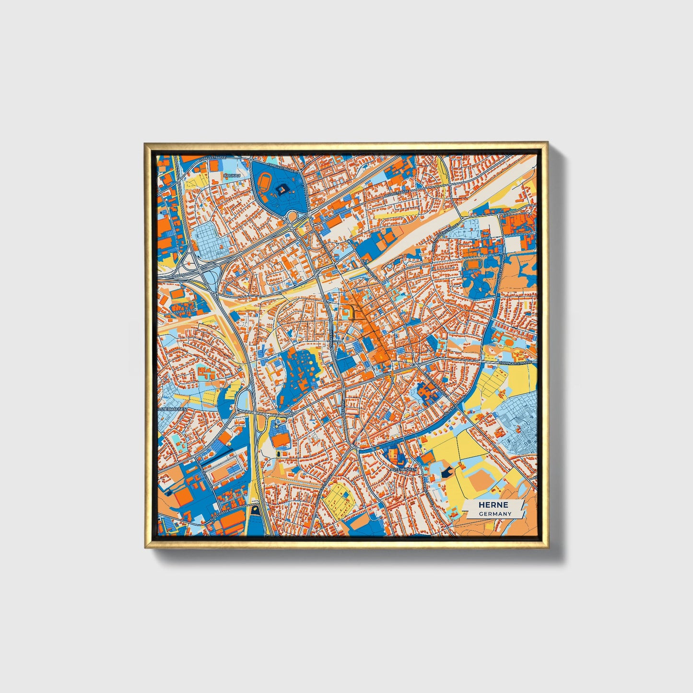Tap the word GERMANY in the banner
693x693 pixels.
point(494,514)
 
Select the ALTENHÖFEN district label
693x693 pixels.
point(403,469)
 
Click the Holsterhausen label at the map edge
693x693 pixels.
point(171,409)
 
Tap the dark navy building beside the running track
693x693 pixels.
point(281,189)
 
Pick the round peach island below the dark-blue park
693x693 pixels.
point(291,217)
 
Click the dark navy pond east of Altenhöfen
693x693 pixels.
point(447,472)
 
